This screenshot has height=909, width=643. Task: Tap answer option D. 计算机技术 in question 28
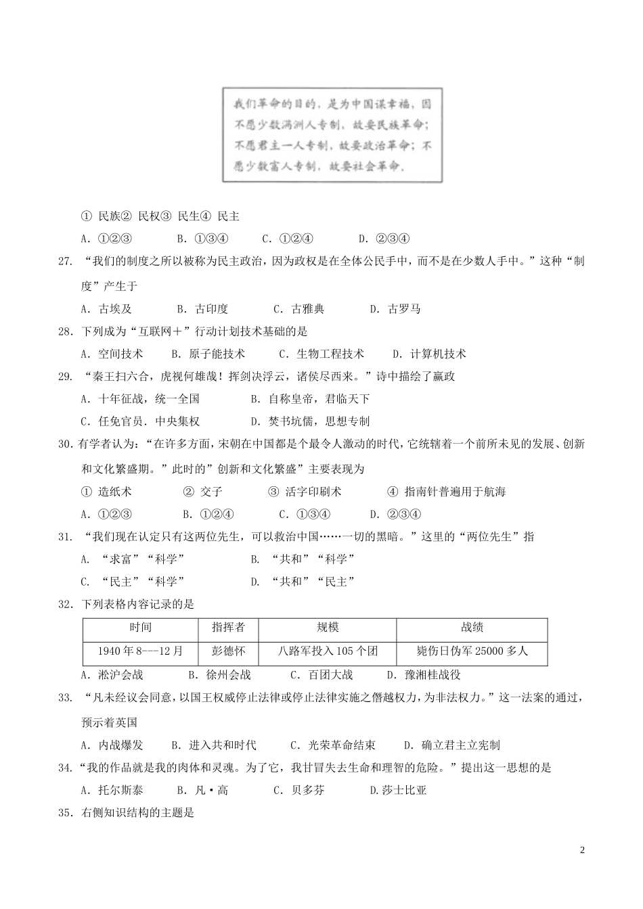[x=429, y=354]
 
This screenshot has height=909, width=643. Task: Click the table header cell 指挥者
[x=229, y=628]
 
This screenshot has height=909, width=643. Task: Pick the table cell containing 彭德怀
[x=229, y=651]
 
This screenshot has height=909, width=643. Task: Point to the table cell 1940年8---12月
[x=141, y=651]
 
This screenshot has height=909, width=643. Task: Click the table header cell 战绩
[x=472, y=628]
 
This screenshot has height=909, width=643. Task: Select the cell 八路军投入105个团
[x=328, y=651]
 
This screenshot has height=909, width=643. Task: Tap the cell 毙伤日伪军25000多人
[x=472, y=651]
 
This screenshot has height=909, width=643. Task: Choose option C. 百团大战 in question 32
[x=321, y=674]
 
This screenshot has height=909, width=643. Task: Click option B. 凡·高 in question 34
[x=202, y=790]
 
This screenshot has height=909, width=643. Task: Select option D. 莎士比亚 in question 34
[x=398, y=790]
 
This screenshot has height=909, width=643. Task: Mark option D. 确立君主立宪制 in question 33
[x=451, y=745]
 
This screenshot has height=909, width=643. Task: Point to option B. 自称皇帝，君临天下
[x=310, y=399]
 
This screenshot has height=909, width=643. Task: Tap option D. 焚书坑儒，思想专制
[x=310, y=421]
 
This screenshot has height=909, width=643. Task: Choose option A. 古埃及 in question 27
[x=106, y=309]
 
